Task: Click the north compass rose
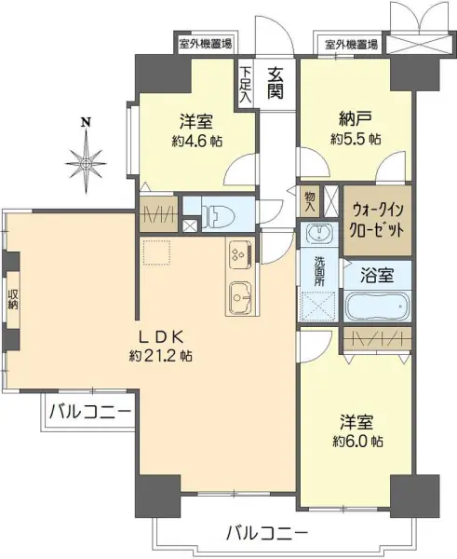[x=87, y=159]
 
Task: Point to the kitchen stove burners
[x=236, y=252]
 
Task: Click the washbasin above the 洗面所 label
[x=318, y=232]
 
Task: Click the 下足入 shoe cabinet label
[x=245, y=85]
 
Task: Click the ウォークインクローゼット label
[x=377, y=221]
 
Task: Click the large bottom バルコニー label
[x=267, y=533]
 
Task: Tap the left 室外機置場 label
[x=206, y=43]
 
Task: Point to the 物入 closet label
[x=310, y=198]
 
